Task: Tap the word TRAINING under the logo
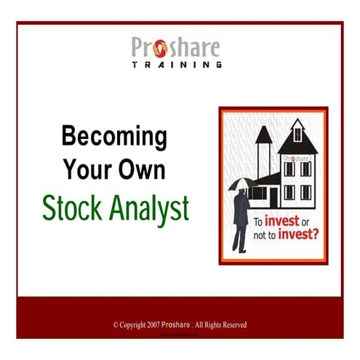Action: coord(177,65)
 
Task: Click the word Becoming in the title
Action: coord(114,137)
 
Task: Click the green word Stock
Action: coord(73,208)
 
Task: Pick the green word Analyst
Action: coord(148,209)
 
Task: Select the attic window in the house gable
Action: coord(297,135)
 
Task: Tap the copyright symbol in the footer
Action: coord(115,324)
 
